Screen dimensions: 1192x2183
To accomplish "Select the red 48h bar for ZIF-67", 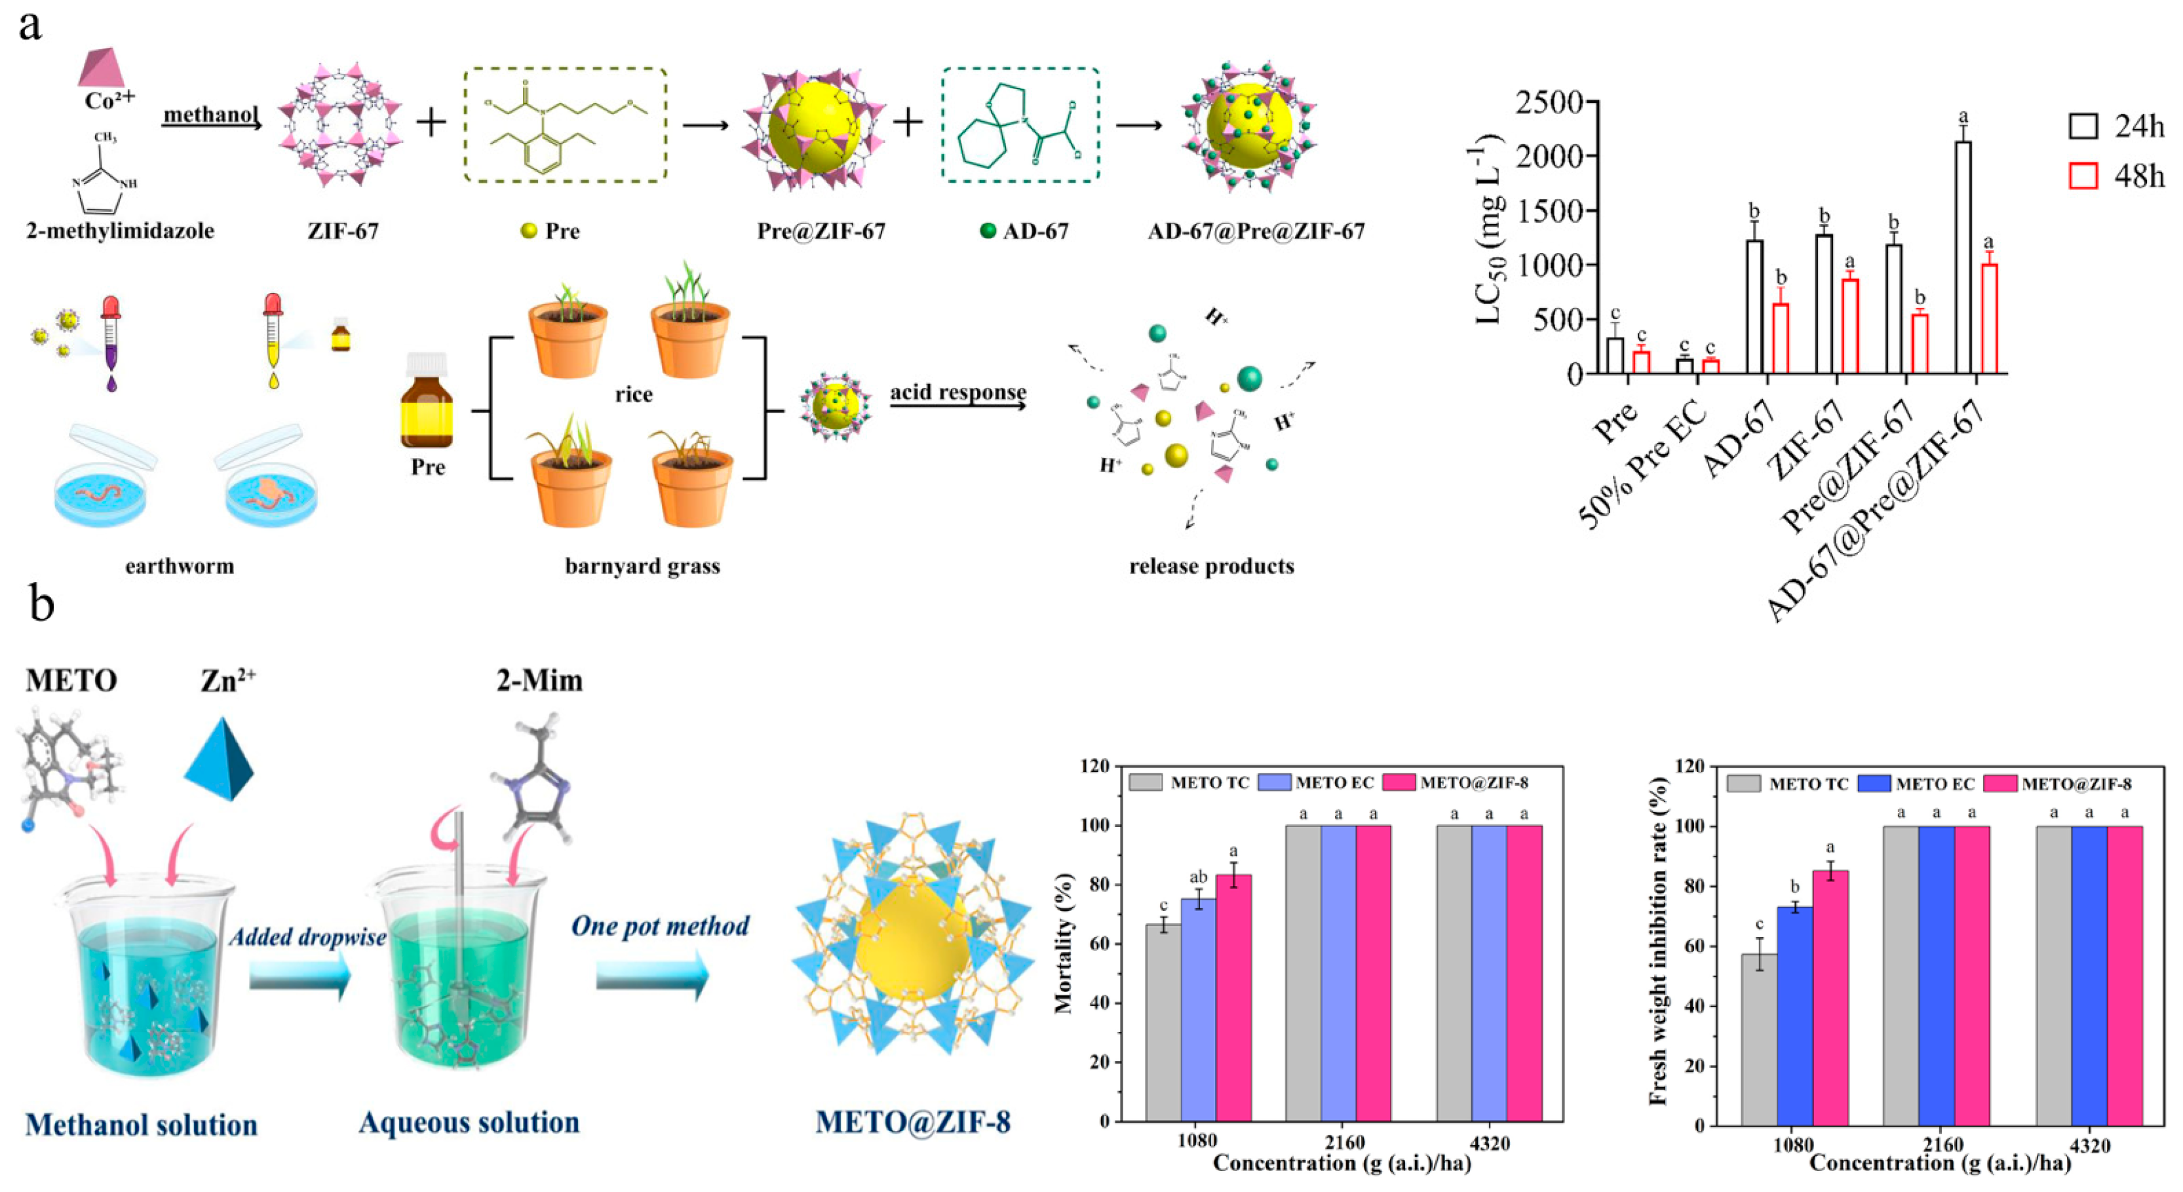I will pyautogui.click(x=1850, y=327).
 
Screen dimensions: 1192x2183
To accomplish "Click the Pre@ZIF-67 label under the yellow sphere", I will pyautogui.click(x=821, y=231).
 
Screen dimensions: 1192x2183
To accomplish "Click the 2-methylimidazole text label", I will pyautogui.click(x=121, y=231).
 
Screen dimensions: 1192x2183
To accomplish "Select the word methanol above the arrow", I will pyautogui.click(x=211, y=113).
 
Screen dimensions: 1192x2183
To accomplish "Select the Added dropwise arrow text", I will pyautogui.click(x=307, y=937).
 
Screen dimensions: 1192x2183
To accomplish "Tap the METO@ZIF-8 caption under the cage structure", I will pyautogui.click(x=913, y=1123).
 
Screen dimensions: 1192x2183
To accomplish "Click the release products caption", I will pyautogui.click(x=1211, y=566).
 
